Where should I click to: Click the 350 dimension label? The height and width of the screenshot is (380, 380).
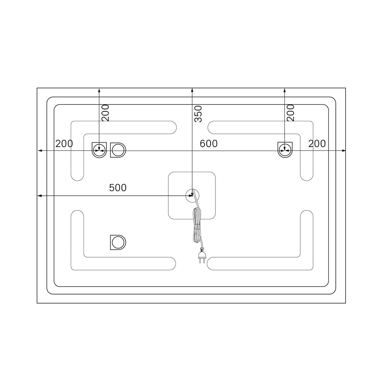[x=198, y=114]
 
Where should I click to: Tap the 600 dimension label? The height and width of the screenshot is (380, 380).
[x=209, y=144]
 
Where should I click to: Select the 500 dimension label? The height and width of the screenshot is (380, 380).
[x=118, y=188]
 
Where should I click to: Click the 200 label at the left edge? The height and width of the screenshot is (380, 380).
[x=64, y=144]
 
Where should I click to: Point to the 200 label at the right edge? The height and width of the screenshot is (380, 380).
[x=317, y=144]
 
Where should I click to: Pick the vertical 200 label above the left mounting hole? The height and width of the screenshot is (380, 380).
[x=105, y=113]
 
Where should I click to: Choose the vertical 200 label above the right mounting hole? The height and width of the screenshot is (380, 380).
[x=290, y=113]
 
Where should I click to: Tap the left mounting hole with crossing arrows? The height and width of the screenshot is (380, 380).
[x=99, y=150]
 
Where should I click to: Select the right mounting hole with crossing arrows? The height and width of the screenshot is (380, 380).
[x=285, y=150]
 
